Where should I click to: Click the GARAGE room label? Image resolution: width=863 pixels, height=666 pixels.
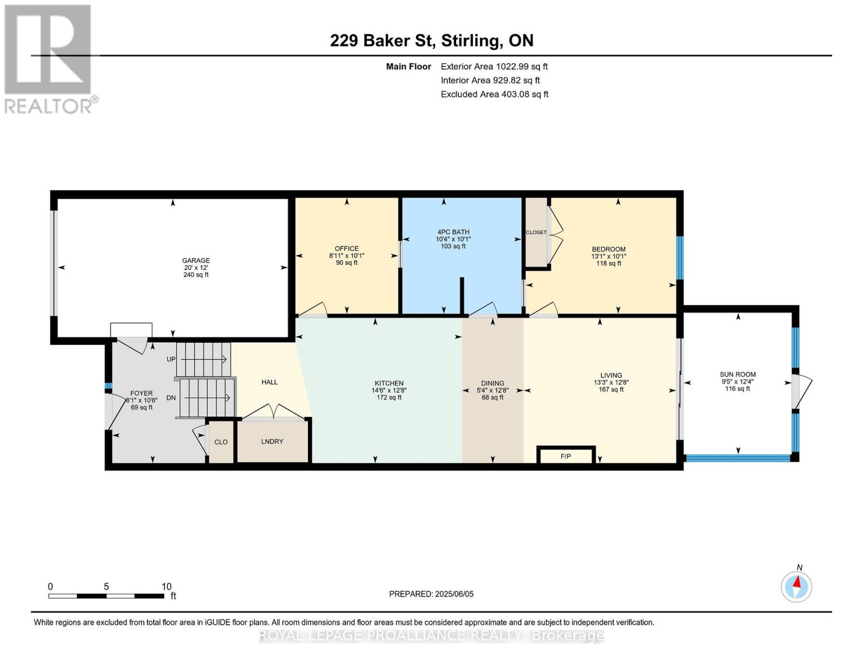point(196,260)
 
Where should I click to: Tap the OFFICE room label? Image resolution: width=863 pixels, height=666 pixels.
point(346,248)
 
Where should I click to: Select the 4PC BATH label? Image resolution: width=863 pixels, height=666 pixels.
point(453,231)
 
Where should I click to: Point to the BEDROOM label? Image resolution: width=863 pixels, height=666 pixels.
point(608,249)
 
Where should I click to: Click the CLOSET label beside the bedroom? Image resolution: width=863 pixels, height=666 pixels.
point(536,232)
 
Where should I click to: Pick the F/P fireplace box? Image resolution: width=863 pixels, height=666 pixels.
point(566,455)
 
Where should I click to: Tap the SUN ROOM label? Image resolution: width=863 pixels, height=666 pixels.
point(737,374)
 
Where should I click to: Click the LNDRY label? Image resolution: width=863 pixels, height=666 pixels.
point(272,441)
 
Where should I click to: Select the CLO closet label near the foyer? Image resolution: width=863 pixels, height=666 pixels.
point(221,442)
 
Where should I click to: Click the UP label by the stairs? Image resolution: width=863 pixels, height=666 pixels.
point(171,359)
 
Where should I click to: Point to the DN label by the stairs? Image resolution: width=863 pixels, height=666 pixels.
point(171,397)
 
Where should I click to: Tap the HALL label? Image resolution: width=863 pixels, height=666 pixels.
point(270,382)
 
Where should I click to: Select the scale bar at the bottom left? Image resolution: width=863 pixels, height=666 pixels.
point(107,596)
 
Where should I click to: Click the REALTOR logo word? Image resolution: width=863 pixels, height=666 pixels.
point(48,106)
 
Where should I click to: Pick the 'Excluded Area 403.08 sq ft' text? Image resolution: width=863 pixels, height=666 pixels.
point(495,94)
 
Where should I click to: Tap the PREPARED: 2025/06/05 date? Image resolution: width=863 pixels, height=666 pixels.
point(431,594)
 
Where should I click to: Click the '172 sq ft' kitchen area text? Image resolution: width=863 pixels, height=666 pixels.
point(389,397)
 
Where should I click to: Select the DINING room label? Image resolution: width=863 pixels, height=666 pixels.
point(492,383)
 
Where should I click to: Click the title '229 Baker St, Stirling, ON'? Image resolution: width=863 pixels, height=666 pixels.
point(432,41)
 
